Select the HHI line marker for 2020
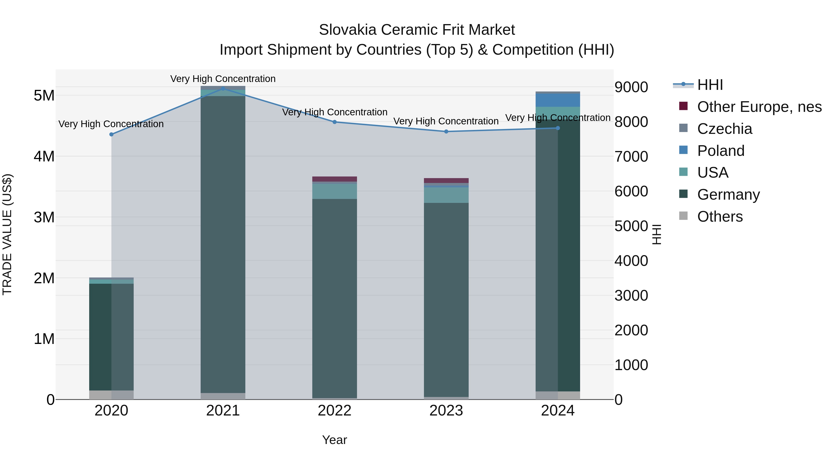click(x=111, y=134)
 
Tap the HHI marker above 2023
click(x=446, y=131)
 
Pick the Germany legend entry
click(x=728, y=195)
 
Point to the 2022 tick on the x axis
click(x=335, y=411)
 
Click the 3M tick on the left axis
click(x=44, y=217)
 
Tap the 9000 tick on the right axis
click(x=631, y=87)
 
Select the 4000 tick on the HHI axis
click(x=631, y=261)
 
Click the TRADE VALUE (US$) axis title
click(x=7, y=234)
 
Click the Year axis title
click(x=335, y=440)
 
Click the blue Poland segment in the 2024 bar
click(x=558, y=100)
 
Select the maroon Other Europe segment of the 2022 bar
click(x=335, y=179)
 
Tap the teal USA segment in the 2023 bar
click(x=446, y=195)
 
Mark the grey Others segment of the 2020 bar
click(x=111, y=395)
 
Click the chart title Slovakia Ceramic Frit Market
click(x=417, y=30)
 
